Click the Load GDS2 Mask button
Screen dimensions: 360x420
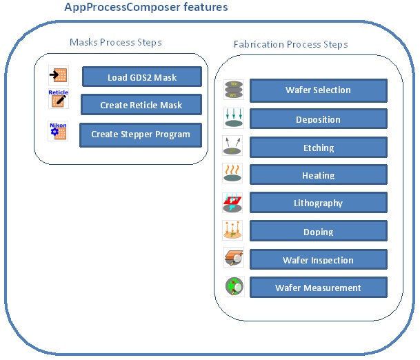point(142,77)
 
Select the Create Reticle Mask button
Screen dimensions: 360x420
point(141,105)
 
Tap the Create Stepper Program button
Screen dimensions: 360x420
point(141,134)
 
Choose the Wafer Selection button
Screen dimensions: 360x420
point(318,90)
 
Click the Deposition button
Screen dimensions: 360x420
point(318,119)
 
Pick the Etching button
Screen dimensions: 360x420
point(318,148)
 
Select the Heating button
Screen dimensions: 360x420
point(318,175)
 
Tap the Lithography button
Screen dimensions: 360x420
point(318,203)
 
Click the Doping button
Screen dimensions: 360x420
point(318,232)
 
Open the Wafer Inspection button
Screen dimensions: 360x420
point(318,260)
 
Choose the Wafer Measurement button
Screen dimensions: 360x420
point(318,288)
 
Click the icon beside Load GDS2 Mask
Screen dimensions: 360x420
point(59,75)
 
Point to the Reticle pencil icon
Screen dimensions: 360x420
point(58,99)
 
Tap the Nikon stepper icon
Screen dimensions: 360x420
point(58,131)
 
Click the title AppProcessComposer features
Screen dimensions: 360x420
point(146,8)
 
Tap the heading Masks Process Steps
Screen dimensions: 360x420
point(116,42)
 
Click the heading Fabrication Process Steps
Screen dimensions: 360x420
point(290,44)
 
